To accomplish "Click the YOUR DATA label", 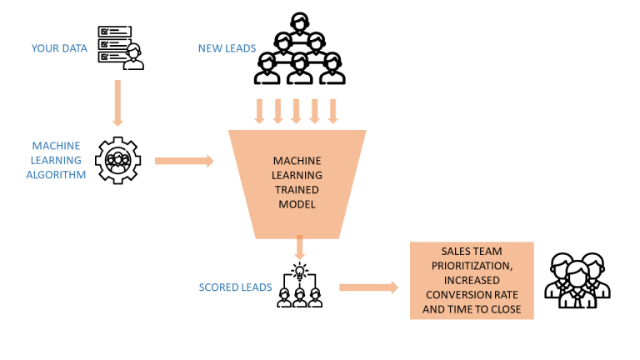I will pos(59,48).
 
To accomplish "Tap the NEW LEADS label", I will pos(227,48).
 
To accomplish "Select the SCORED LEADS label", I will pos(235,287).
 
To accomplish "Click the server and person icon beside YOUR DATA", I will pos(120,47).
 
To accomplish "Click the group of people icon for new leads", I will pos(297,52).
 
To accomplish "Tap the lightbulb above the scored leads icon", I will pos(299,270).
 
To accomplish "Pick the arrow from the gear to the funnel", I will pos(184,160).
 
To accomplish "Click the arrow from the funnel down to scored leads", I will pos(299,246).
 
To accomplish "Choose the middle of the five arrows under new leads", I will pos(296,110).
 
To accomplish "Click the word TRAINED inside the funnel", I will pos(297,189).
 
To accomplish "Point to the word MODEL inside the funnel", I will pos(297,203).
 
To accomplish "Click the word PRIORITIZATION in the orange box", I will pos(471,266).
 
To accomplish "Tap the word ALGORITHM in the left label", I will pos(57,175).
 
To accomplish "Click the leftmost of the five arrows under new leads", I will pos(259,110).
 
